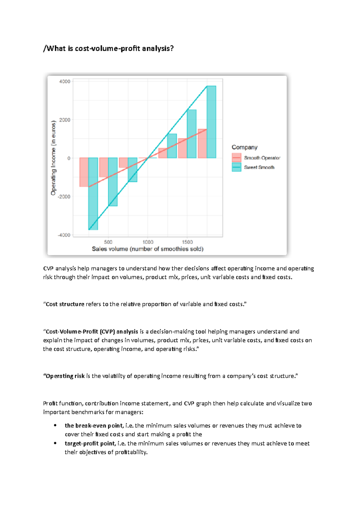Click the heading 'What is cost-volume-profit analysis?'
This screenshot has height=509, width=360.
tap(109, 49)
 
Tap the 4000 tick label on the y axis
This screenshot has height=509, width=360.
tap(65, 82)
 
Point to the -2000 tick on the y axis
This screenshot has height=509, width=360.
tap(64, 197)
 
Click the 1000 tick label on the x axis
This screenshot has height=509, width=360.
tap(148, 242)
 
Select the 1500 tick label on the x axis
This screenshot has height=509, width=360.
tap(187, 242)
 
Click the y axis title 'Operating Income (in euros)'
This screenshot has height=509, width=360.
tap(53, 158)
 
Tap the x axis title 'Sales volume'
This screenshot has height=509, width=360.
tap(148, 249)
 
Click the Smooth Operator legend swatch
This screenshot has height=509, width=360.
tap(236, 158)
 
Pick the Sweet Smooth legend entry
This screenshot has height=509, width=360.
tap(259, 167)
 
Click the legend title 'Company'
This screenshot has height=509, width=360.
tap(244, 147)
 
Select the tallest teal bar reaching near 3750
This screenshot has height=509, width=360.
tap(211, 122)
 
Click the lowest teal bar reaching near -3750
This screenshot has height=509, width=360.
tap(93, 194)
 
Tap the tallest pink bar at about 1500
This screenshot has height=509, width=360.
tap(202, 144)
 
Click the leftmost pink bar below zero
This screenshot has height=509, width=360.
tap(84, 172)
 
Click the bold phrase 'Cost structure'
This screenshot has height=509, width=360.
tap(65, 304)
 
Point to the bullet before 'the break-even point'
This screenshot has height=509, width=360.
tap(55, 426)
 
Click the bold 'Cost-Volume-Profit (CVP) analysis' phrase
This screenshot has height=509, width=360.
tap(92, 332)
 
